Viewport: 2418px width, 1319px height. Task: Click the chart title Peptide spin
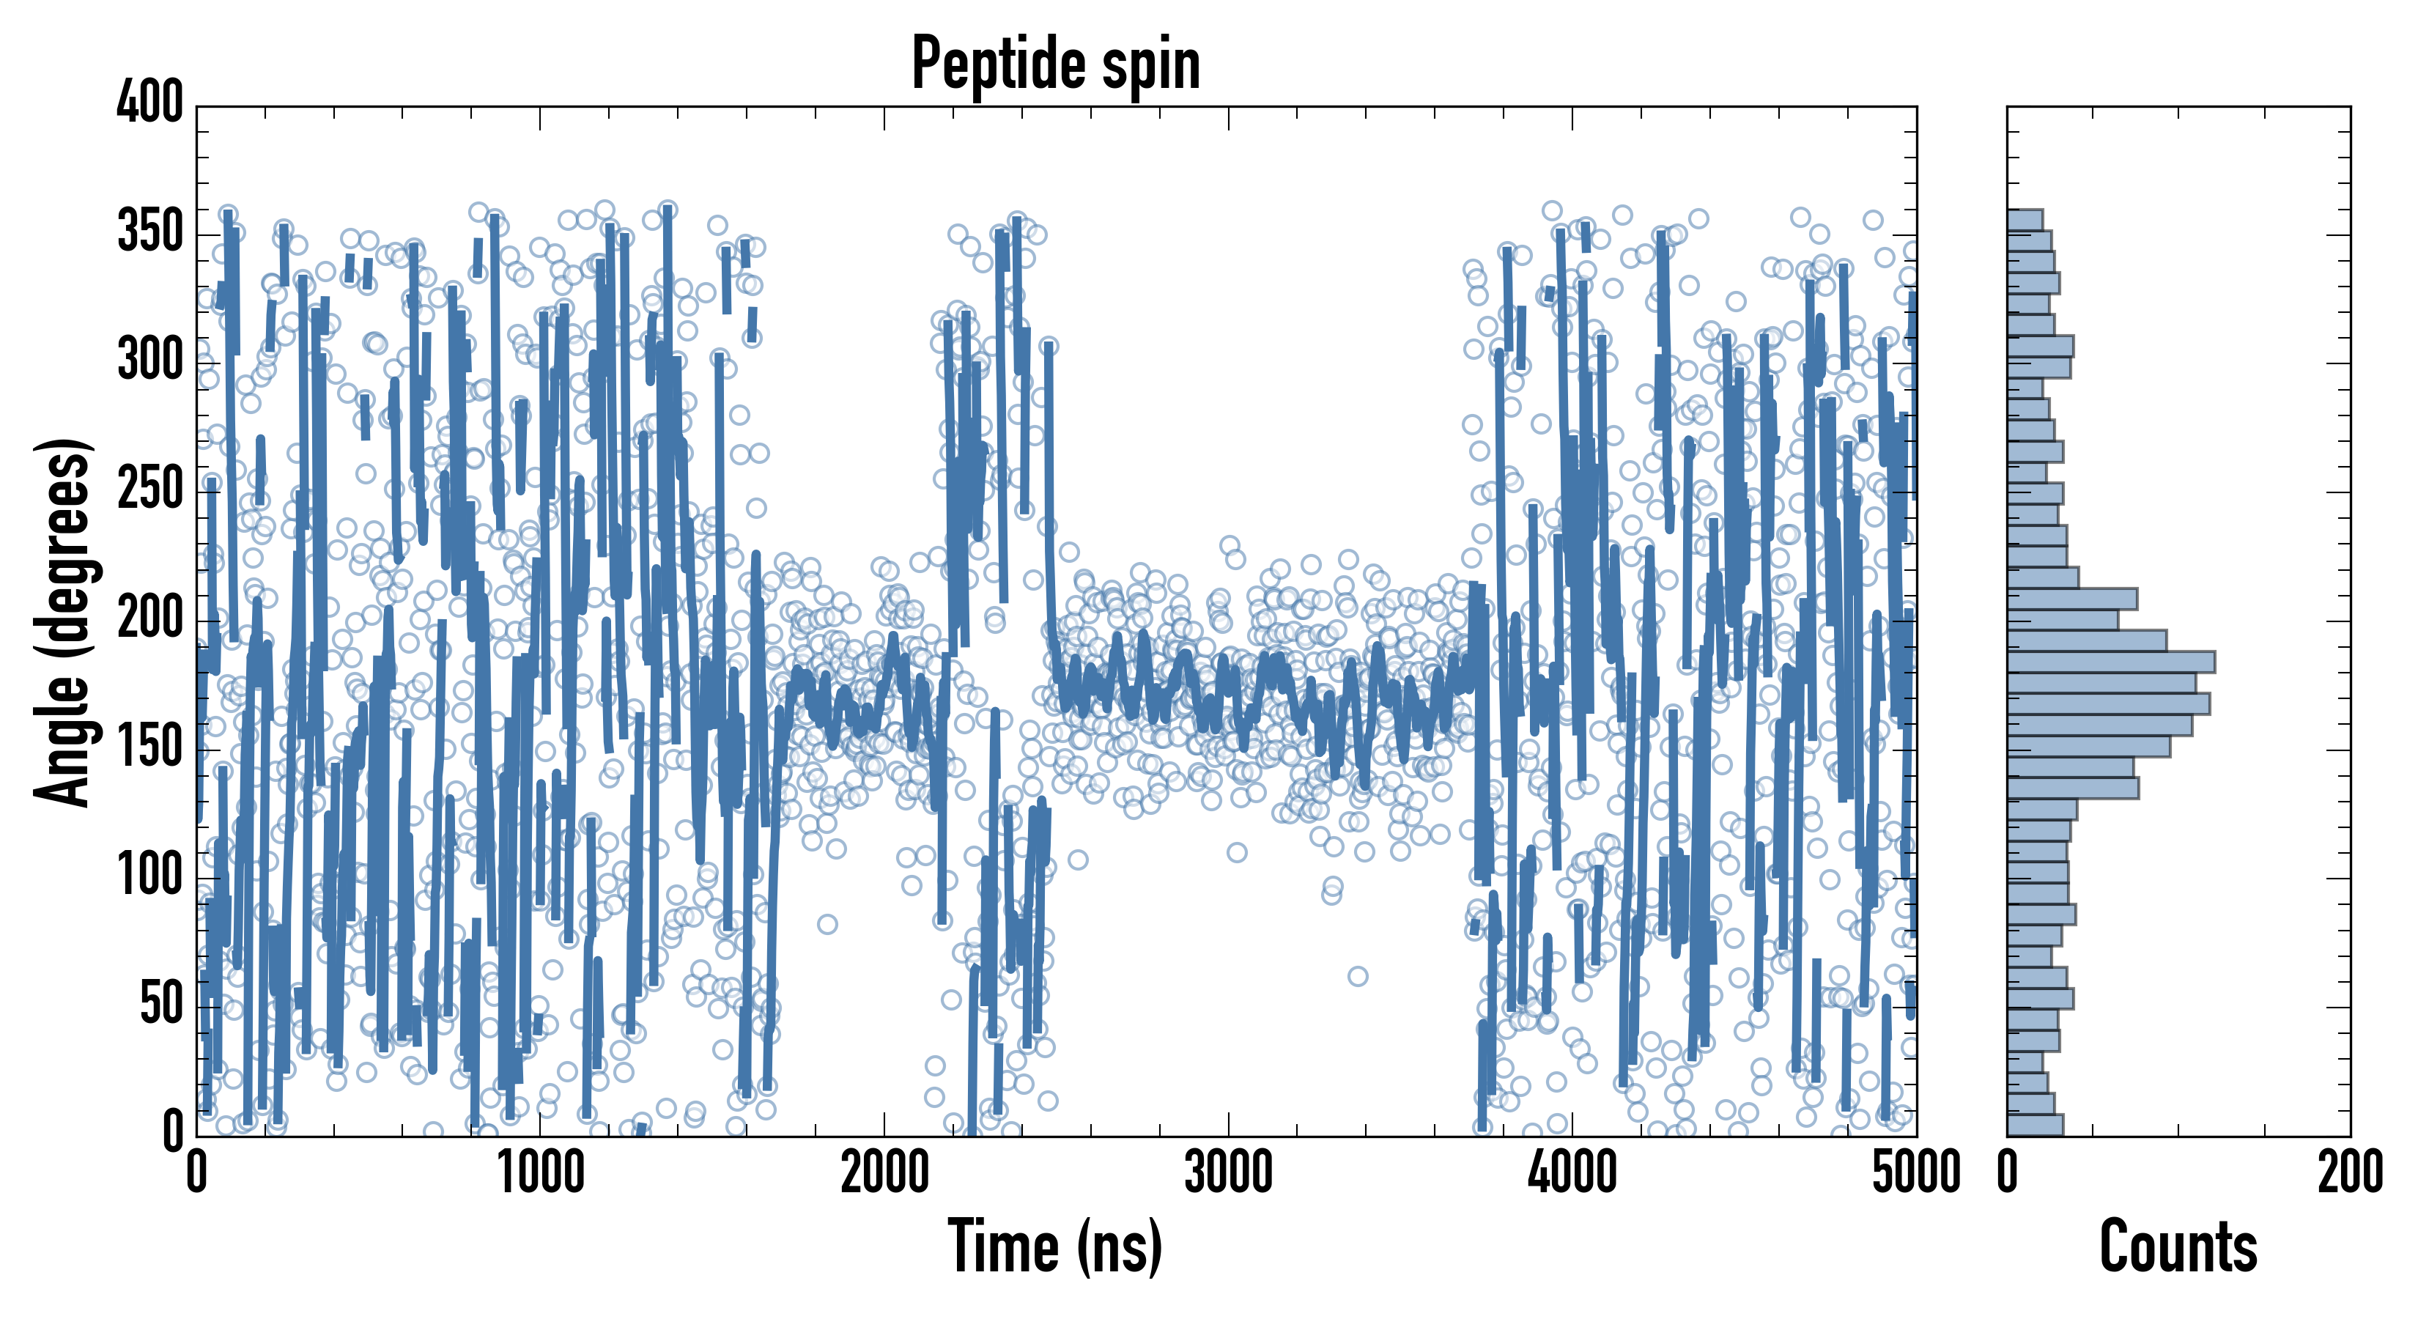point(1056,64)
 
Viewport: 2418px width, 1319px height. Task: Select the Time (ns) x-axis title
point(1056,1246)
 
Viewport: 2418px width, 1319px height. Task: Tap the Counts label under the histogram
point(2178,1246)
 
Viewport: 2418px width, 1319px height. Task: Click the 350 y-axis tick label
point(150,231)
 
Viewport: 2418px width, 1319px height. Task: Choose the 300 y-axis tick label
point(150,361)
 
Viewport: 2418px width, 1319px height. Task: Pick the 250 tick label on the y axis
point(150,489)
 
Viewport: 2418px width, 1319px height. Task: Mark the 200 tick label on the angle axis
point(150,618)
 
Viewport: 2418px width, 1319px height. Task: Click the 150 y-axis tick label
point(150,747)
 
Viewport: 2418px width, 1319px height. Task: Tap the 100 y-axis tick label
point(150,876)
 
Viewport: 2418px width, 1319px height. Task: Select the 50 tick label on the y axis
point(161,1005)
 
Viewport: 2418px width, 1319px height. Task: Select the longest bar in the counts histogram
point(2111,662)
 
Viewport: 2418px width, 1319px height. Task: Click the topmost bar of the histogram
point(2025,220)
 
